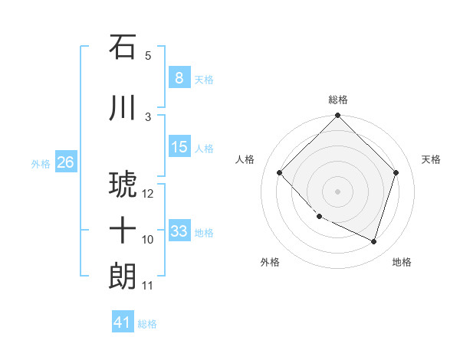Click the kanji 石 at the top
(x=123, y=47)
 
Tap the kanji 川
(x=123, y=108)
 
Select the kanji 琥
(x=123, y=185)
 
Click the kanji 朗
(x=123, y=277)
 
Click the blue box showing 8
(x=179, y=78)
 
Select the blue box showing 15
(x=179, y=147)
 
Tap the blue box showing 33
(x=179, y=231)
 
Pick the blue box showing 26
(x=65, y=162)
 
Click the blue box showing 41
(x=123, y=323)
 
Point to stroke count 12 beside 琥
(x=149, y=194)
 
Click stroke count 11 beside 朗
(x=148, y=286)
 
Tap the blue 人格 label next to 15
(x=204, y=148)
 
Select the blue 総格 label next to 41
(x=147, y=324)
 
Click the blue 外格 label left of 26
(x=40, y=163)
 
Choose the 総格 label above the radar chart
(x=337, y=100)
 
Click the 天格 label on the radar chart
(x=431, y=159)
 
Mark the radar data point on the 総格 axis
(x=337, y=116)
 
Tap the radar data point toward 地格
(x=373, y=241)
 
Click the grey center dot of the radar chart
(x=337, y=191)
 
